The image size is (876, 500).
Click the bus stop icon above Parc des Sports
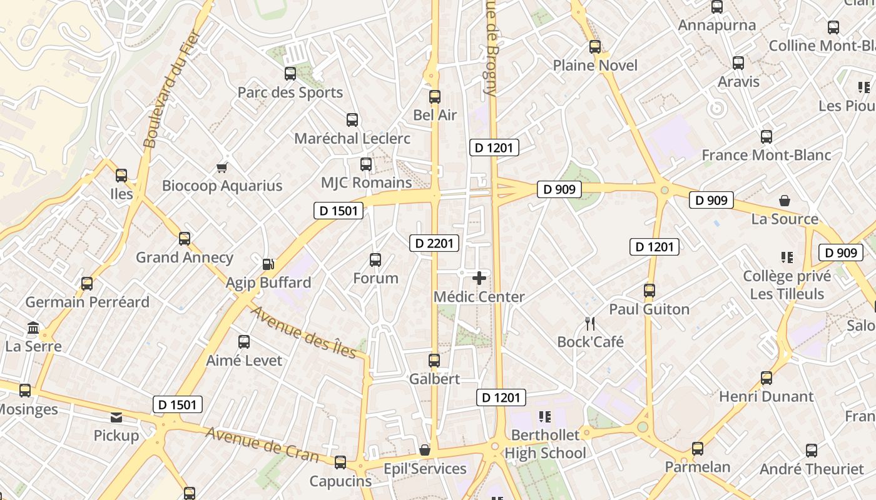(290, 74)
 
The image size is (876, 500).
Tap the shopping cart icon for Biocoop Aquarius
(222, 167)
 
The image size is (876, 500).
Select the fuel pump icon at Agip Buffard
(268, 264)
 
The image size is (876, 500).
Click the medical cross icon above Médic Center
(479, 278)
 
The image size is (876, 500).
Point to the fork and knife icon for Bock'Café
(589, 323)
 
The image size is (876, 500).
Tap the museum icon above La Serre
(33, 327)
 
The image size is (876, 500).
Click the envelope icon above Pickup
(116, 417)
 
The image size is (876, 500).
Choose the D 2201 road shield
(434, 243)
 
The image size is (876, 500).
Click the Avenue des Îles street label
(303, 332)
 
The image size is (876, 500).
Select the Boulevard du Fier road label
(171, 89)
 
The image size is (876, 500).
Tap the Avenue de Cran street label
(262, 444)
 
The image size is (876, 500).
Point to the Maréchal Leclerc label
(352, 138)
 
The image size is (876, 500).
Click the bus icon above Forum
(375, 260)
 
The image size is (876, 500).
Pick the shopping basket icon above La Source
(785, 201)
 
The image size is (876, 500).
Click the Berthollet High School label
(546, 444)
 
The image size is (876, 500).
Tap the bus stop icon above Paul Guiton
(649, 291)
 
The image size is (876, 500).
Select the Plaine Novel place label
(595, 66)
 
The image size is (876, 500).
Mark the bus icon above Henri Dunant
(766, 378)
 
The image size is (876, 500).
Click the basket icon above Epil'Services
(425, 450)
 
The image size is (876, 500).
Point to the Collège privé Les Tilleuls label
(787, 284)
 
